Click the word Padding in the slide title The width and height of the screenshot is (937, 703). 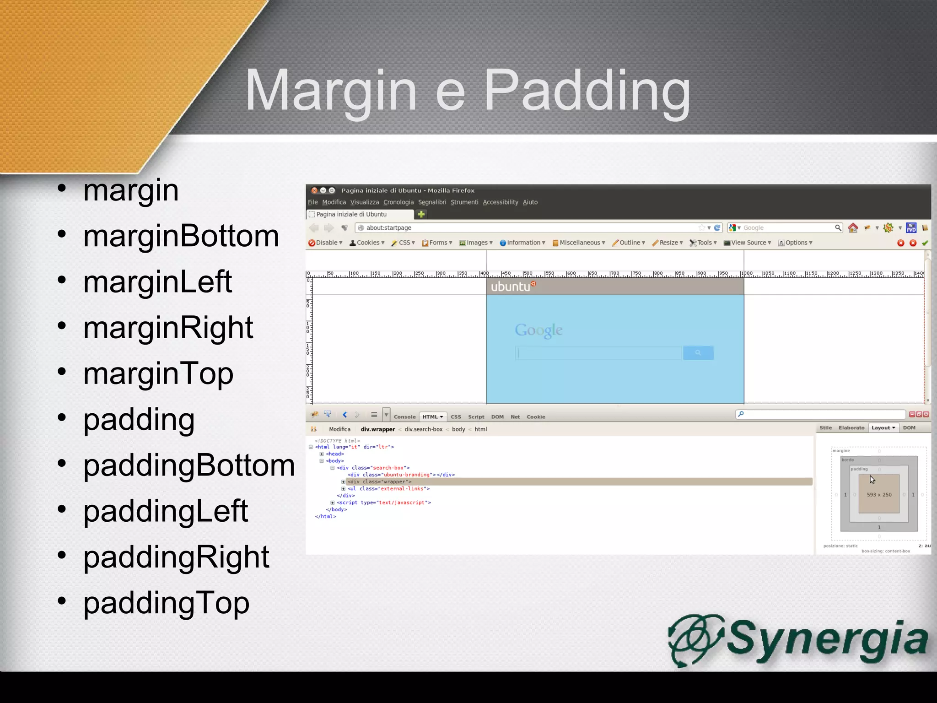point(587,91)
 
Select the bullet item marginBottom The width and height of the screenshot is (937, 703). point(181,236)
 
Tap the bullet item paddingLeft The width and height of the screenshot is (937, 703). point(165,511)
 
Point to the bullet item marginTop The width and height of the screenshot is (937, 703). point(158,373)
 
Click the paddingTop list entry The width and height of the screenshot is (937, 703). point(166,603)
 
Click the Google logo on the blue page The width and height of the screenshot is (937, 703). point(539,330)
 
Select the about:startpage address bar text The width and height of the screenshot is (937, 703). point(388,228)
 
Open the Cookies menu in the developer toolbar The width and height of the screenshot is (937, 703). point(367,243)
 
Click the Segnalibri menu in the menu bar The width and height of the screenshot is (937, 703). point(432,202)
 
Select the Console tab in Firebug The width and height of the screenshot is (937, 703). point(404,417)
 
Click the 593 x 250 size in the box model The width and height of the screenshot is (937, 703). point(879,495)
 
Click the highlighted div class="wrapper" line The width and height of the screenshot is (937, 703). point(379,482)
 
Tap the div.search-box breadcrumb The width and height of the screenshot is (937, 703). point(423,429)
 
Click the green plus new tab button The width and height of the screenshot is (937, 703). point(421,214)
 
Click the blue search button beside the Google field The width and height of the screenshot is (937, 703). point(698,353)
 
